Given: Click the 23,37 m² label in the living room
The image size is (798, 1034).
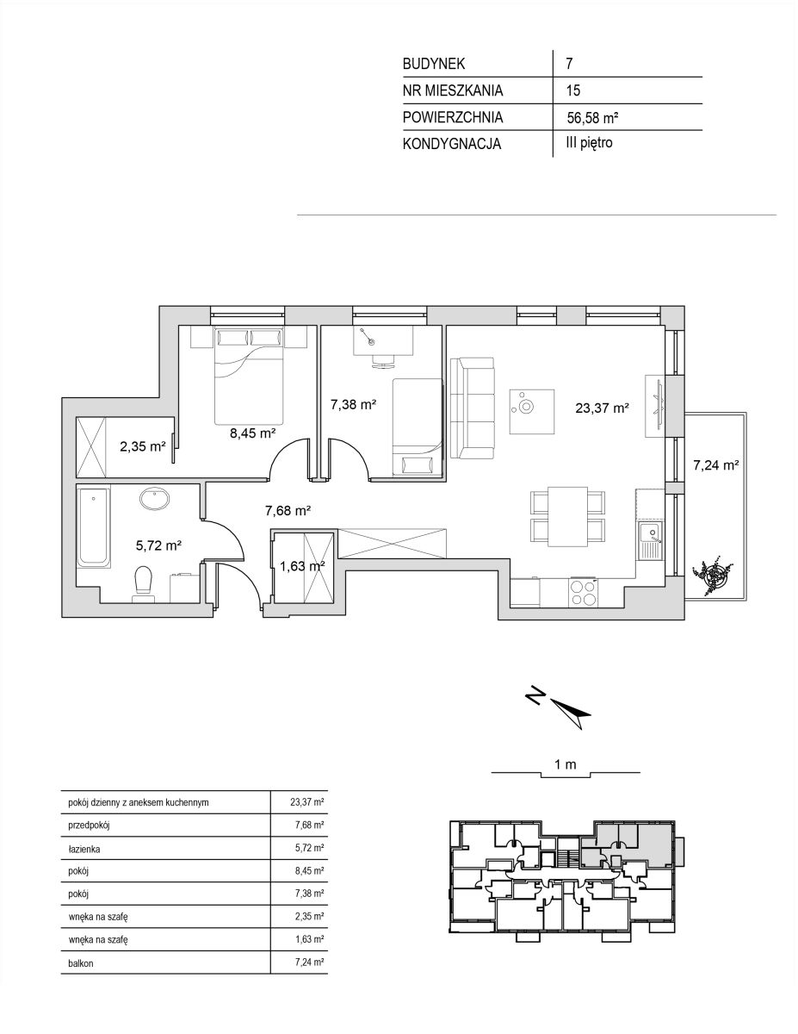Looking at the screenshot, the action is click(603, 408).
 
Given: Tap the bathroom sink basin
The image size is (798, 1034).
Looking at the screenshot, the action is click(154, 499).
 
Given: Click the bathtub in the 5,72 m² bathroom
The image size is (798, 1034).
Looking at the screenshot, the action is click(94, 526).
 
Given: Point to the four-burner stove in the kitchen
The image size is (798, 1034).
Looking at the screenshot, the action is click(583, 592).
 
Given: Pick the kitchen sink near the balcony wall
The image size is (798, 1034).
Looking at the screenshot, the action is click(650, 539).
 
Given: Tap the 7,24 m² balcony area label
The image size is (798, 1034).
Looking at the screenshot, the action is click(715, 465).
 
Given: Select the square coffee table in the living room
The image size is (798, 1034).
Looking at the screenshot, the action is click(532, 411).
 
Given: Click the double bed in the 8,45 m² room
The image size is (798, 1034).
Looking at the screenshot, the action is click(249, 375).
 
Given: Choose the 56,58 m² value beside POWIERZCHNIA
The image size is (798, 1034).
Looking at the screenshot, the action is click(592, 117).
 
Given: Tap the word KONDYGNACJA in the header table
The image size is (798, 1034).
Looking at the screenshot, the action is click(452, 144).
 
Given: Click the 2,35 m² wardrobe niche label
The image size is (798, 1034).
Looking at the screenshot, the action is click(143, 446).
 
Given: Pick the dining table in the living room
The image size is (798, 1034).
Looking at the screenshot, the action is click(567, 516).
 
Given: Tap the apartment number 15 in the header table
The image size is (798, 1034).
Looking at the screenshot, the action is click(573, 90).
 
